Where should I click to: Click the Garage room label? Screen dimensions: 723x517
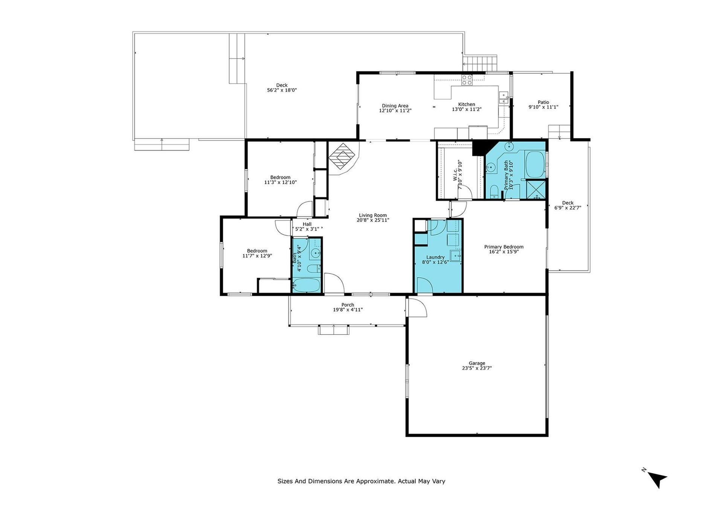coord(477,363)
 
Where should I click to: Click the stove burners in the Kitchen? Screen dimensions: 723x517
coord(467,80)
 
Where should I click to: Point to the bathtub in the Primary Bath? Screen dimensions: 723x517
coord(535,164)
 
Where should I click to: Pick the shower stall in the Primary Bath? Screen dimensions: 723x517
coord(535,190)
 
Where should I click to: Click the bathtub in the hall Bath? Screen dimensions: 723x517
coord(307,285)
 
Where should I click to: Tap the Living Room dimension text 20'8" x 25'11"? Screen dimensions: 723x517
coord(373,220)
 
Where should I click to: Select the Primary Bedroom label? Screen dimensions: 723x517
coord(504,247)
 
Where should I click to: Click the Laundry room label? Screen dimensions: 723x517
coord(435,257)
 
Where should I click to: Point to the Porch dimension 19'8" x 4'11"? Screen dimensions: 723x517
coord(348,310)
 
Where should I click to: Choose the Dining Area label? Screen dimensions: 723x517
coord(395,106)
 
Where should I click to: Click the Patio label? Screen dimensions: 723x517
coord(543,102)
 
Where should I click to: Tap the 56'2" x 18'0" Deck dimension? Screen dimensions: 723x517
coord(282,90)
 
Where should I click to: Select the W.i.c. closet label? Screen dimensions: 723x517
coord(455,174)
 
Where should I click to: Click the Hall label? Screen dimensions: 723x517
coord(307,224)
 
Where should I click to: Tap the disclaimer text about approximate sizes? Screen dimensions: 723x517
coord(361,481)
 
